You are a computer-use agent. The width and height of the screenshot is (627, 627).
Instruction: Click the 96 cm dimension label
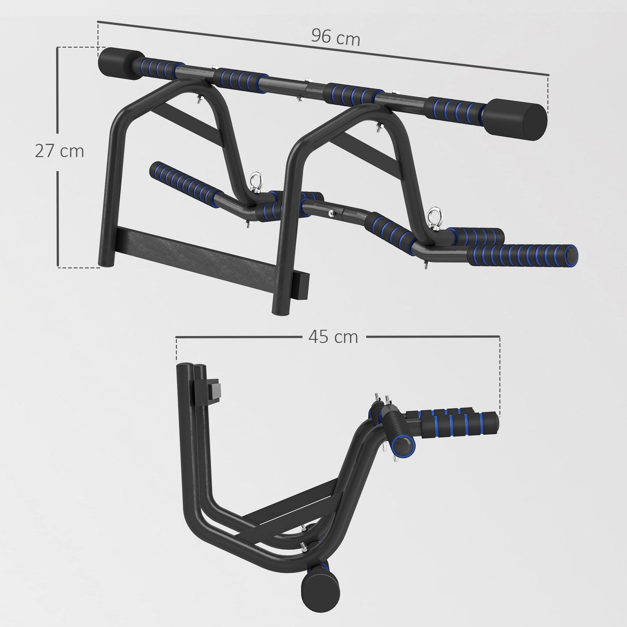[335, 38]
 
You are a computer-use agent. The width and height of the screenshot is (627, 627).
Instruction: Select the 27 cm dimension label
[59, 151]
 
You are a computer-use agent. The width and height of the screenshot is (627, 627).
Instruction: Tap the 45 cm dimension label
[333, 336]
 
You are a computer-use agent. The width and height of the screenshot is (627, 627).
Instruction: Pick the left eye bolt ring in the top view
[254, 180]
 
